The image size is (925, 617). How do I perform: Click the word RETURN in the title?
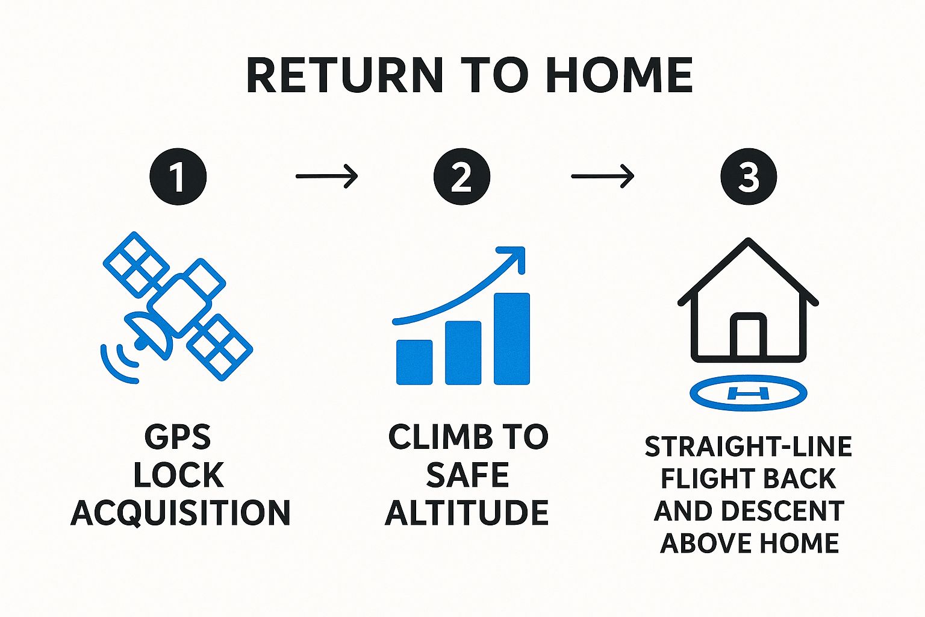tap(345, 76)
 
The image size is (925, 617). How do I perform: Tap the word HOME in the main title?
tap(621, 76)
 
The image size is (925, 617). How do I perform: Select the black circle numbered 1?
tap(178, 177)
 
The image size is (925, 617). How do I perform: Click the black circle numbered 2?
tap(462, 177)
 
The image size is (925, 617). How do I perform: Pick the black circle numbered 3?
tap(749, 177)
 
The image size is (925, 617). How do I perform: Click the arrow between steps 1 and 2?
tap(326, 177)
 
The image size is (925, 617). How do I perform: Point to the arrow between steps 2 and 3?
tap(602, 177)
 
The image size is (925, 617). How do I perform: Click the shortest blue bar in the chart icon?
tap(414, 363)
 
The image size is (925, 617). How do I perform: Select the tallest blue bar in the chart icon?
tap(512, 339)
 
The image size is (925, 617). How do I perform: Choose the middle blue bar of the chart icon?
tap(463, 353)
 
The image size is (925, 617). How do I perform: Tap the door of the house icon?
tap(749, 336)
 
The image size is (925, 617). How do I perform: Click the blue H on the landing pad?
tap(749, 393)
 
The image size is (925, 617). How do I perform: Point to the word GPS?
tap(178, 437)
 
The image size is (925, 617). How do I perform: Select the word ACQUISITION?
tap(181, 513)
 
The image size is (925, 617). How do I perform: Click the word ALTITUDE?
tap(467, 512)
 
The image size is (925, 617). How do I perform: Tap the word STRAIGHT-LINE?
tap(749, 446)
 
